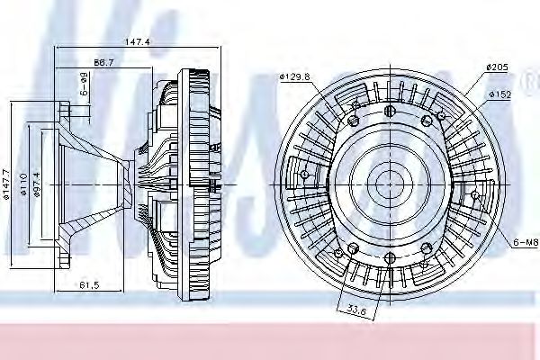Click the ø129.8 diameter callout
pyautogui.click(x=292, y=78)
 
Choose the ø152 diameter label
pyautogui.click(x=501, y=94)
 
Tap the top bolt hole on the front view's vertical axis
pyautogui.click(x=389, y=111)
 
